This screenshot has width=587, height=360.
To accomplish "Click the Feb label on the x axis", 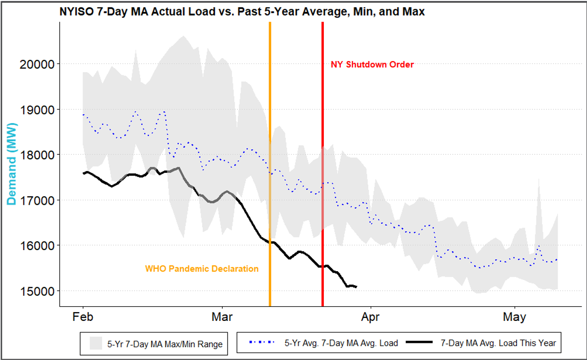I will point(83,317).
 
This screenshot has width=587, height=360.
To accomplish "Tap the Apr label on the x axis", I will point(371,317).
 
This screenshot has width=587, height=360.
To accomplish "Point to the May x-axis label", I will point(514,317).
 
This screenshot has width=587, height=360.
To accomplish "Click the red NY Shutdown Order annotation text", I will point(372,64).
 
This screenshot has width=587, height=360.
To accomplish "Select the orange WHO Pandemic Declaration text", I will point(202,269).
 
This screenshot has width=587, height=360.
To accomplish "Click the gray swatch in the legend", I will point(96,343).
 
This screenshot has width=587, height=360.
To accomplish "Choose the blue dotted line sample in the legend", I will point(261,343).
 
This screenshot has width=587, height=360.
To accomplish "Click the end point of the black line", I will point(356,287).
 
